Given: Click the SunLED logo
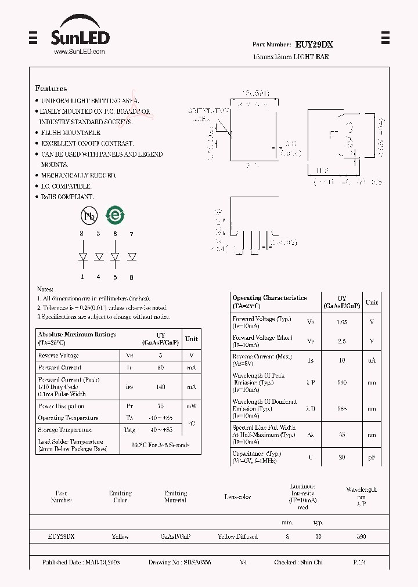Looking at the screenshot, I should point(80,34).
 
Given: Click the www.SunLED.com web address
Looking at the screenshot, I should point(80,52).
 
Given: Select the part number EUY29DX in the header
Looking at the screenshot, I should point(313,44).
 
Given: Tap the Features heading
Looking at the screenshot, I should point(51,89).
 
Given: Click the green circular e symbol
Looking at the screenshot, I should point(115,216).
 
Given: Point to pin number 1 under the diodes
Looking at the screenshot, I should point(82,277).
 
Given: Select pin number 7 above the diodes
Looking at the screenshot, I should point(132,234).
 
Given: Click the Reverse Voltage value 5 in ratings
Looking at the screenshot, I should point(160,356).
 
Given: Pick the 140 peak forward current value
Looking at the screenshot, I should point(160,387).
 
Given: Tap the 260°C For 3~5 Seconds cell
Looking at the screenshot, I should point(160,445).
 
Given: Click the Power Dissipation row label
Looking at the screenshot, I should point(61,406).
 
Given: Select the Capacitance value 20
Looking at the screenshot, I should point(342,457).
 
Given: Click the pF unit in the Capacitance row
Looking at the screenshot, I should point(372,457).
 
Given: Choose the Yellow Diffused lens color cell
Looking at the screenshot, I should point(238,537).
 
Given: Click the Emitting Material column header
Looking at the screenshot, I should point(175,497).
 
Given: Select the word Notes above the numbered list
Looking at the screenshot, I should point(45,289).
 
